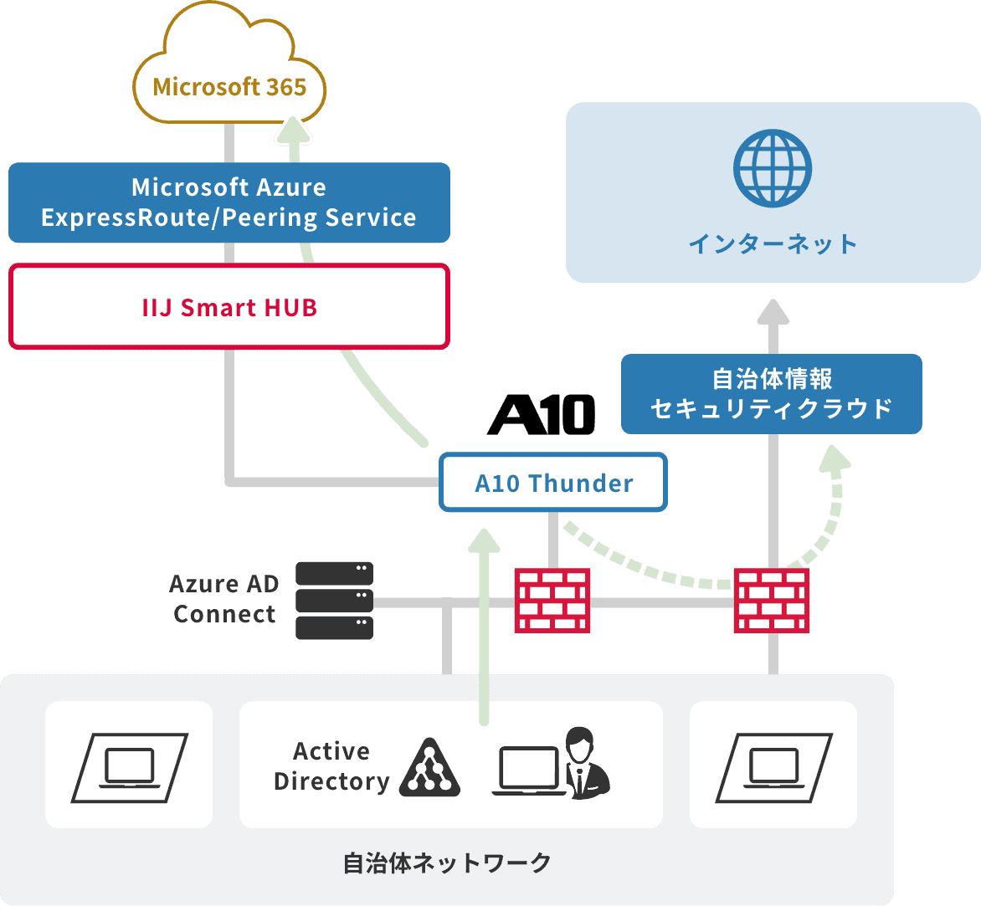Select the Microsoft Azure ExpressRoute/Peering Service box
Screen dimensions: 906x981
click(229, 202)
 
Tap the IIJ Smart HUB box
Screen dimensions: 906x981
click(229, 307)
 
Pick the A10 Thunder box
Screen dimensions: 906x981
click(553, 483)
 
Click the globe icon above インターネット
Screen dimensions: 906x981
click(773, 167)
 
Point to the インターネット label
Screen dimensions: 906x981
click(773, 244)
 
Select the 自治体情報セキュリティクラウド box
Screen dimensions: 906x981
click(771, 394)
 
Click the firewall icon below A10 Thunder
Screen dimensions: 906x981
click(552, 600)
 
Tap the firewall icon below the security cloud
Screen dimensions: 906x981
click(772, 600)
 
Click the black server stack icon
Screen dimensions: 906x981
click(335, 601)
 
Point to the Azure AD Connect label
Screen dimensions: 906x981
click(223, 599)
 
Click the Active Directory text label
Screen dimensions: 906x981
click(331, 766)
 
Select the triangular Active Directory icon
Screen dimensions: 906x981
click(429, 767)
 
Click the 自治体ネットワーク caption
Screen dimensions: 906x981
click(447, 862)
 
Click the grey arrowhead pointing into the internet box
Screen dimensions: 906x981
click(773, 311)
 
